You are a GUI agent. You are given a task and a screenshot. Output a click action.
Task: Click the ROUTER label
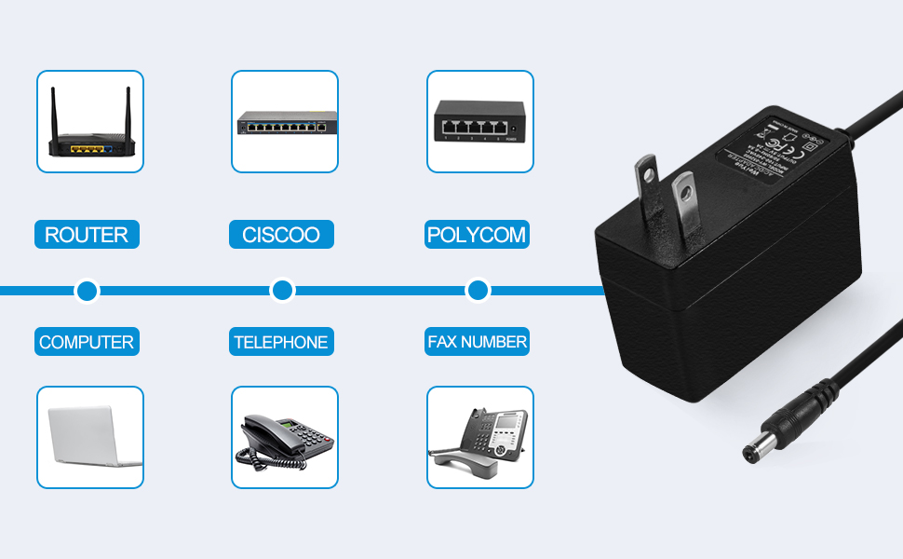pyautogui.click(x=87, y=235)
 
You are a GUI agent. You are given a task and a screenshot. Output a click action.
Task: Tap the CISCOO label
pyautogui.click(x=281, y=235)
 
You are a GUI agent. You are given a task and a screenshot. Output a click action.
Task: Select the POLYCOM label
pyautogui.click(x=478, y=235)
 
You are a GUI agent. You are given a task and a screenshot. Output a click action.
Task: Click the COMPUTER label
pyautogui.click(x=87, y=342)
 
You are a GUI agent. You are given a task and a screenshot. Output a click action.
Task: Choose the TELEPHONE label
pyautogui.click(x=281, y=342)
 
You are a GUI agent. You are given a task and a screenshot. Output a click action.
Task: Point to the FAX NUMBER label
pyautogui.click(x=478, y=342)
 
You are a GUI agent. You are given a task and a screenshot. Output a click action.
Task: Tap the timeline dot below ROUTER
pyautogui.click(x=87, y=291)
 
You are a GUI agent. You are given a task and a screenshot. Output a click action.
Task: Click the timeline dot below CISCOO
pyautogui.click(x=282, y=291)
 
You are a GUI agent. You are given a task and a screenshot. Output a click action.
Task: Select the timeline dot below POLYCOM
pyautogui.click(x=478, y=291)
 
